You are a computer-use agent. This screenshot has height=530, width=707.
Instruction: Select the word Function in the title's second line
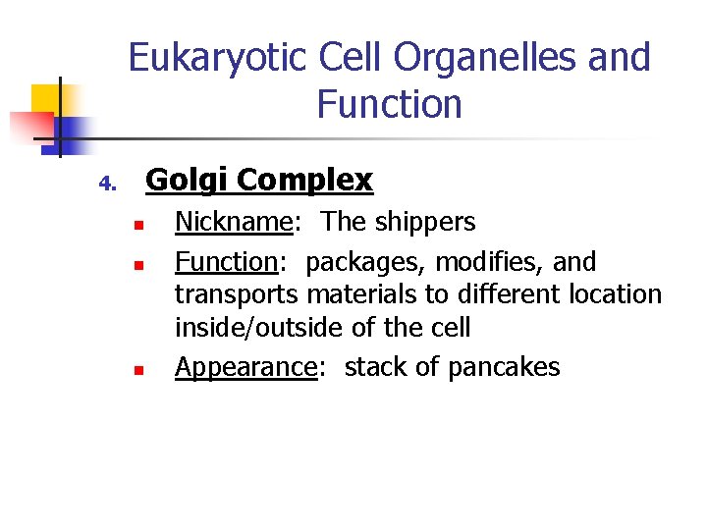click(389, 104)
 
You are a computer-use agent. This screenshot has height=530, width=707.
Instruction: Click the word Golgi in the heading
click(188, 181)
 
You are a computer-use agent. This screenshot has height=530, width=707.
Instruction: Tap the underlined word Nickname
click(233, 222)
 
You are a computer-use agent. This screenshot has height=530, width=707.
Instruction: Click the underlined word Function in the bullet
click(227, 262)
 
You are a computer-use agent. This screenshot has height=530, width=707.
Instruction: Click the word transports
click(237, 294)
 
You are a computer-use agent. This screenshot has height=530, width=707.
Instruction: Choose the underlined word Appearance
click(245, 368)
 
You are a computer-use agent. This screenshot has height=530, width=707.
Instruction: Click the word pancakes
click(504, 368)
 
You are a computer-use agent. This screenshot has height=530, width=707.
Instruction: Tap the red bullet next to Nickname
click(139, 225)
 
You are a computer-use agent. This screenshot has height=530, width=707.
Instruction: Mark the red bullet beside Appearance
click(139, 371)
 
